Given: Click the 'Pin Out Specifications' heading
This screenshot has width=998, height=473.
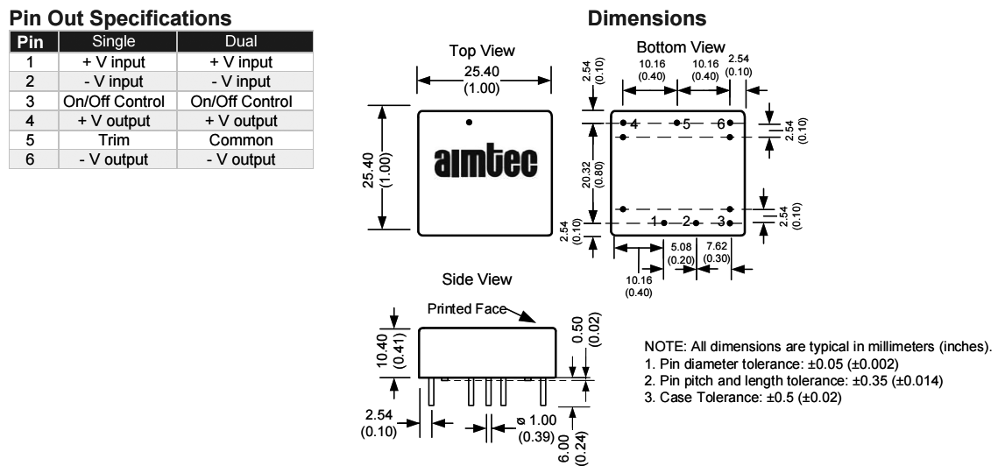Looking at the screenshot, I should point(120,18).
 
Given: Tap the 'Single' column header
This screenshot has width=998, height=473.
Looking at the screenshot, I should point(118,42).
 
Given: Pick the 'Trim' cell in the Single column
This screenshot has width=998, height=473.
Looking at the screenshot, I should point(118,139).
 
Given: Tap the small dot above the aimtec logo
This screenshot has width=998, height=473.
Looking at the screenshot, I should point(469,122).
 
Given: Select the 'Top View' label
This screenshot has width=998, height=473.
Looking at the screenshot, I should point(482,52).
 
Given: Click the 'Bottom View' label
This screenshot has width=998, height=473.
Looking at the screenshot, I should point(681,46).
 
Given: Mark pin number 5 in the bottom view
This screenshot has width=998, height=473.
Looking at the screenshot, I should point(688,124).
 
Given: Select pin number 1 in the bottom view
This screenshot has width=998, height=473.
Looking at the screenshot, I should point(655,222).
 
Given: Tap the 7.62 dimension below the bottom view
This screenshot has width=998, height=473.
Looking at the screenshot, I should point(714,251).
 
